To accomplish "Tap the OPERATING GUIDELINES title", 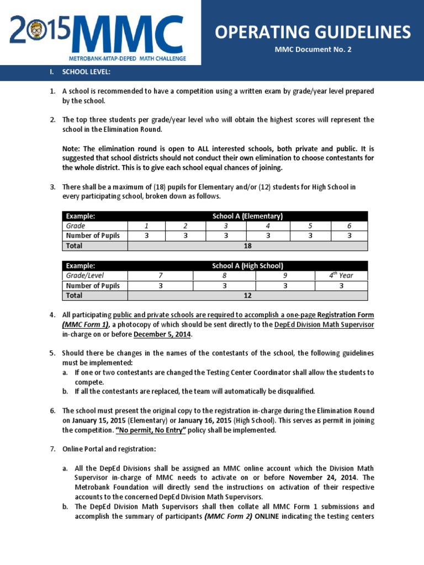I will click(x=312, y=32).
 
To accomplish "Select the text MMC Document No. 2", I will click(x=312, y=50).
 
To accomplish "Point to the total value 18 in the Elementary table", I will click(x=247, y=246).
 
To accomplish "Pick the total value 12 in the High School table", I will click(x=247, y=296).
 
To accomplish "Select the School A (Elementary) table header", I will click(x=247, y=216).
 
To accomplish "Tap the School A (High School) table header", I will click(x=247, y=266).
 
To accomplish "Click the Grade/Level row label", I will click(x=85, y=275).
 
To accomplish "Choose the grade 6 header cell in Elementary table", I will click(x=348, y=226).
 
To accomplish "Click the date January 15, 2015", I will click(x=94, y=420).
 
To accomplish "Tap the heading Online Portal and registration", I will click(x=109, y=449).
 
